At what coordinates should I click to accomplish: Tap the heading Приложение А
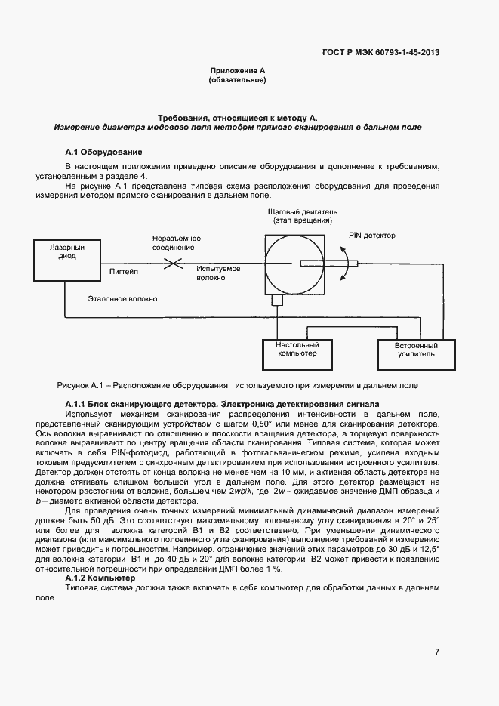click(x=237, y=70)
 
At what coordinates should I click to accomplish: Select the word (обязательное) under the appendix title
click(x=237, y=80)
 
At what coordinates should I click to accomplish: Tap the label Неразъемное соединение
click(x=173, y=242)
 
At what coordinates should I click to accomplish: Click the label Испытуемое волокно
click(x=218, y=273)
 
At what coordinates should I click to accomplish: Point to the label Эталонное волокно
click(x=122, y=299)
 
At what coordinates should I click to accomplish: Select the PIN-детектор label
click(x=371, y=235)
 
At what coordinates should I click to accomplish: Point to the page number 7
click(x=437, y=652)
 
